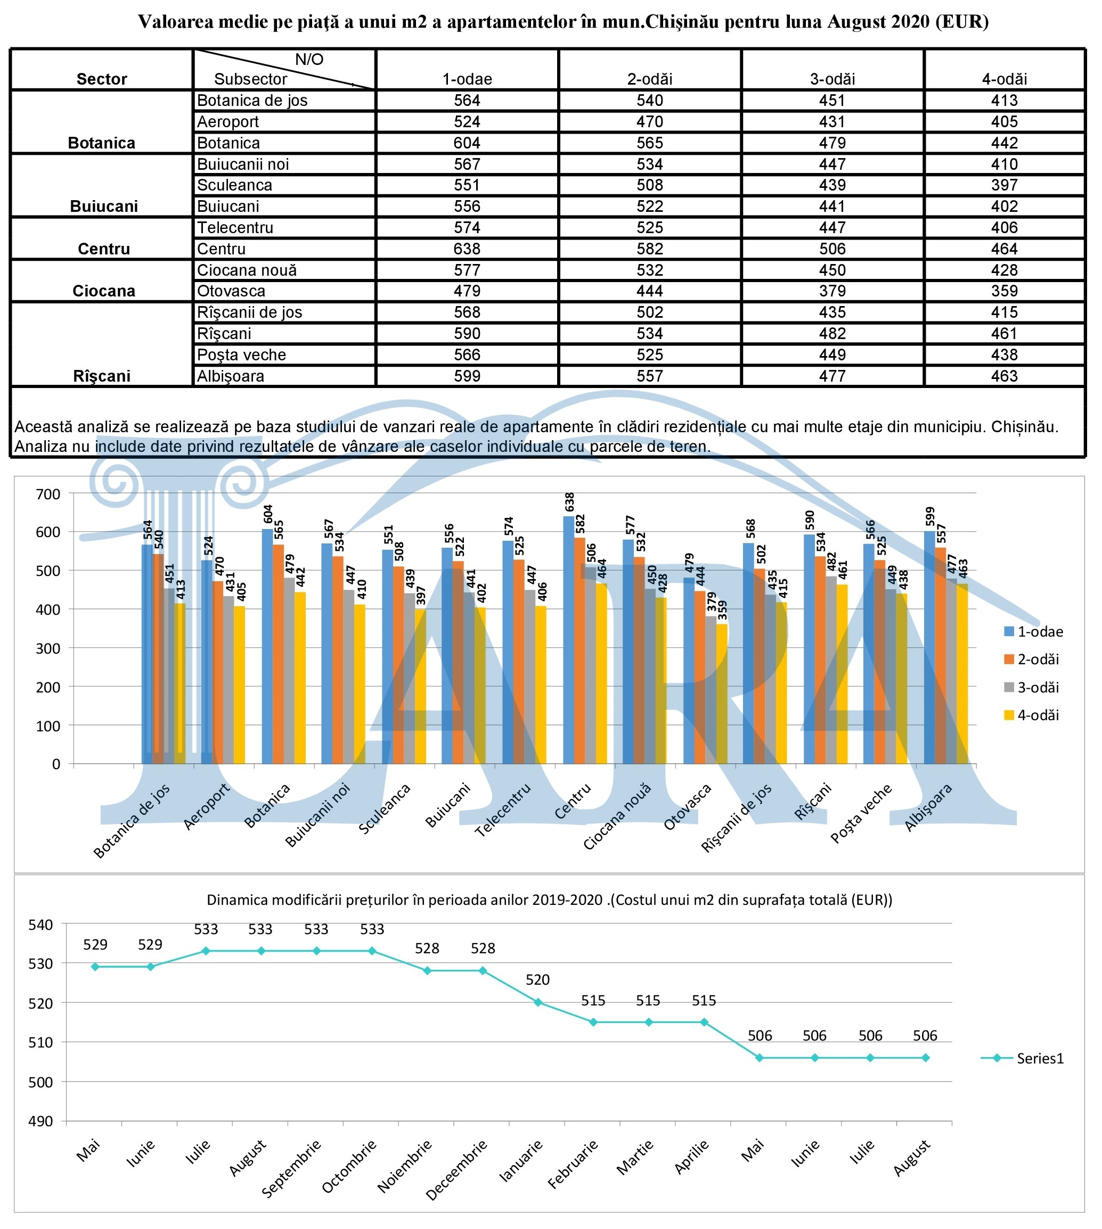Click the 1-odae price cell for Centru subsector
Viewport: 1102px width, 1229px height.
(467, 249)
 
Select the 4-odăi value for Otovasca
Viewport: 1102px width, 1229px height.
(1004, 291)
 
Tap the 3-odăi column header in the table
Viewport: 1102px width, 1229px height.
(832, 79)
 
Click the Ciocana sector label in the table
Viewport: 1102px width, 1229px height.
(103, 291)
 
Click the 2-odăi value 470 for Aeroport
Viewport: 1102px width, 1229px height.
(650, 122)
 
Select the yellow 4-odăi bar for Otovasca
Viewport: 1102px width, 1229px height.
(722, 694)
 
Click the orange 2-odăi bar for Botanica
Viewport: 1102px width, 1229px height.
(278, 654)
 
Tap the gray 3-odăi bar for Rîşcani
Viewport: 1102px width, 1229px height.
(831, 671)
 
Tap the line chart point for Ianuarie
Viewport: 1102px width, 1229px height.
(537, 1003)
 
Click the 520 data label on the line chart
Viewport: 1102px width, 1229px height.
(537, 980)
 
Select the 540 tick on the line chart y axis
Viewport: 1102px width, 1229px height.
(41, 925)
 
